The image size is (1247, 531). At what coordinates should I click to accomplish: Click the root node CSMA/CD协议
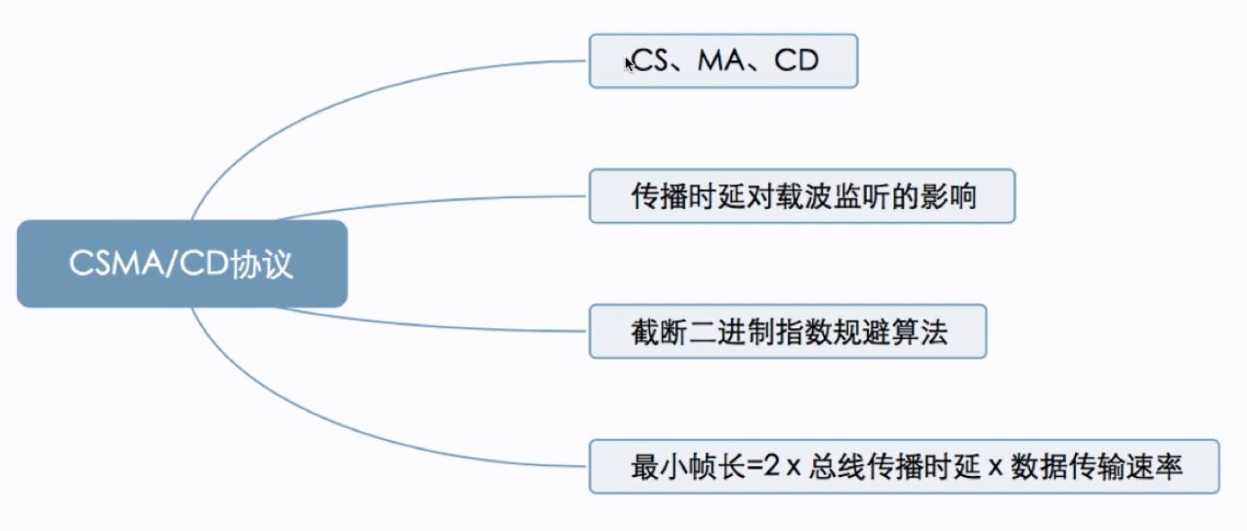(x=182, y=264)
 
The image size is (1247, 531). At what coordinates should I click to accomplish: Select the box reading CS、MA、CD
(x=723, y=61)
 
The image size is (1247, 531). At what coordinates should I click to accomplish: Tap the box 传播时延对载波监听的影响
(x=801, y=196)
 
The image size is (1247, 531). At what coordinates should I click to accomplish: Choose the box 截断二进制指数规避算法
(x=788, y=332)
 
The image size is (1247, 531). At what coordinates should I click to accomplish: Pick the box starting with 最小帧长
(x=904, y=466)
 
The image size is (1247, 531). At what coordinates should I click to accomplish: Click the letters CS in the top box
(x=648, y=61)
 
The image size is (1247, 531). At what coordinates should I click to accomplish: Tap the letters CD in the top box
(x=797, y=61)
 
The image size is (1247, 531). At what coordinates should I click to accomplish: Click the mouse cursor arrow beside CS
(x=628, y=63)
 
